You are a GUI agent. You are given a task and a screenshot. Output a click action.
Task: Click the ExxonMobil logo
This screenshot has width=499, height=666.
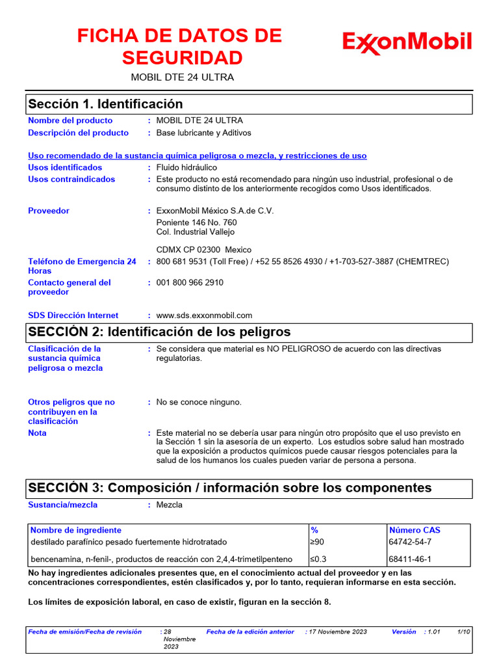pyautogui.click(x=407, y=43)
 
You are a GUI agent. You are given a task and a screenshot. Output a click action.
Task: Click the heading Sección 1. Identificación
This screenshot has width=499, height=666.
pyautogui.click(x=105, y=104)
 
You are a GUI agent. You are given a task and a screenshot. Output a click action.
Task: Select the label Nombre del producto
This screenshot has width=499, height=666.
pyautogui.click(x=70, y=120)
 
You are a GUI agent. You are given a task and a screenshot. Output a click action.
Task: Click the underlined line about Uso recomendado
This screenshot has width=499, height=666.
pyautogui.click(x=198, y=156)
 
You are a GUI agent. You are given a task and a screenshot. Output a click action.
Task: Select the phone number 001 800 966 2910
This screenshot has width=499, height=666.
pyautogui.click(x=190, y=283)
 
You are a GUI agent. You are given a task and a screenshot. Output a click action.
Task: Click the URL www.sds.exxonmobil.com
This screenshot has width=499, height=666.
pyautogui.click(x=204, y=315)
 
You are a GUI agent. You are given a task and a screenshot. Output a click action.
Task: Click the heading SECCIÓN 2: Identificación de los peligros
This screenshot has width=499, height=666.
pyautogui.click(x=159, y=332)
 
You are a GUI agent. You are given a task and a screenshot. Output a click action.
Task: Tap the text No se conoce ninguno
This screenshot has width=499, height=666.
pyautogui.click(x=199, y=402)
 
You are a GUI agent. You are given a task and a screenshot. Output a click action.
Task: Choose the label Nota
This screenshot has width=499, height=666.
pyautogui.click(x=38, y=433)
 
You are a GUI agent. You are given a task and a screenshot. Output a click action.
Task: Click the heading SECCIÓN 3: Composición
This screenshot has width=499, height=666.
pyautogui.click(x=229, y=488)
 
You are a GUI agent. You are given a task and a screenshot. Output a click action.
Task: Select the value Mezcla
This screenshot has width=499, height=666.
pyautogui.click(x=170, y=505)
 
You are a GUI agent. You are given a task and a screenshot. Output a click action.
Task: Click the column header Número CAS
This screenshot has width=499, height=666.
pyautogui.click(x=415, y=530)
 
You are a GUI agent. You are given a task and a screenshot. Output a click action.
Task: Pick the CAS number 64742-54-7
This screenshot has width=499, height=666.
pyautogui.click(x=410, y=542)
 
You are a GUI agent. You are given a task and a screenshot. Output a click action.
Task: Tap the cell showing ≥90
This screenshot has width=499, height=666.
pyautogui.click(x=316, y=542)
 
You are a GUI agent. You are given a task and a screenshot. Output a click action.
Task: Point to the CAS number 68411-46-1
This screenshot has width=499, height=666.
pyautogui.click(x=410, y=559)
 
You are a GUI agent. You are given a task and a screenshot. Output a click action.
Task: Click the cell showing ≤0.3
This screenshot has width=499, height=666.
pyautogui.click(x=318, y=559)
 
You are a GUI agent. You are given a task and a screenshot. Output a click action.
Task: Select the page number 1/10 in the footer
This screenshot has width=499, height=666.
pyautogui.click(x=464, y=632)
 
